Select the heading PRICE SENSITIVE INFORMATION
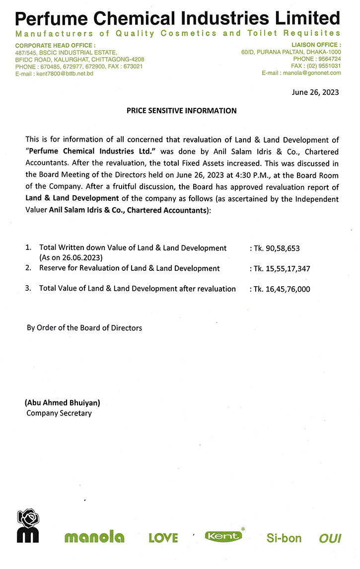pos(182,111)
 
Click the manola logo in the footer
pos(94,537)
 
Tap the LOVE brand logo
pos(163,538)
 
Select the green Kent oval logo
pos(223,536)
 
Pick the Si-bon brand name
pos(284,538)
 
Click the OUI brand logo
pos(330,538)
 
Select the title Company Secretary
pos(59,413)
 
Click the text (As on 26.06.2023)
pos(71,257)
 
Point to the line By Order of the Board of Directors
pos(84,328)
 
